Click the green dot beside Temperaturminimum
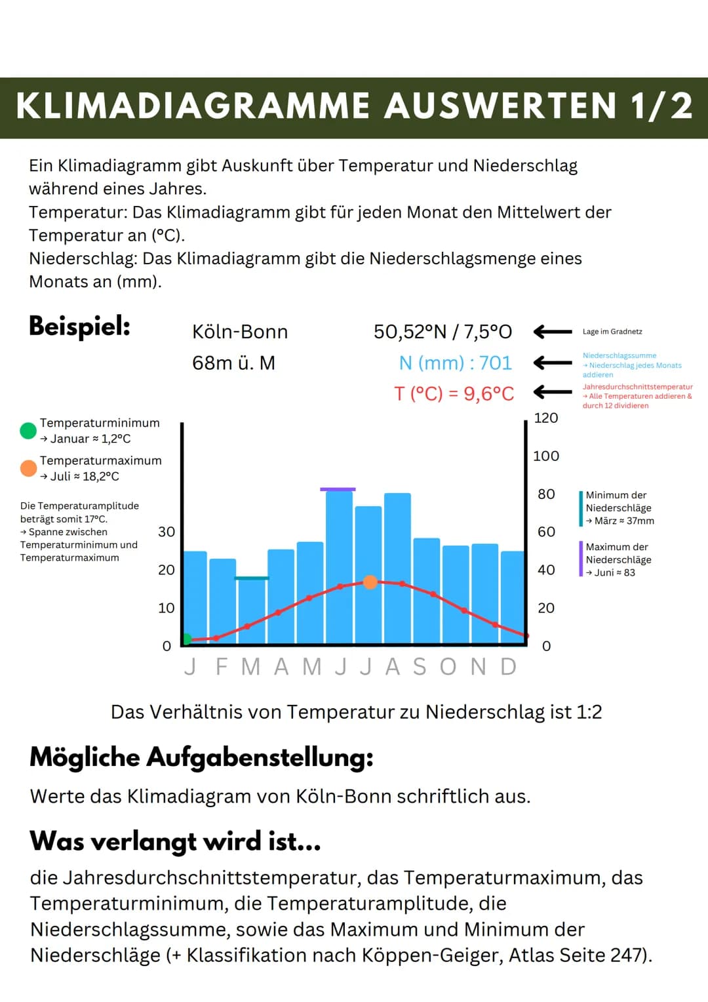tap(28, 431)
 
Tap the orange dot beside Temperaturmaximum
tap(28, 468)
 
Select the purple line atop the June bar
tap(338, 489)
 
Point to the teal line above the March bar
tap(252, 578)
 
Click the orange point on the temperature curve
tap(370, 582)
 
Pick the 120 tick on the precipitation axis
tap(545, 418)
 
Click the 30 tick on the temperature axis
tap(167, 532)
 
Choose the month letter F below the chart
tap(222, 667)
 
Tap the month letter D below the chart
tap(509, 667)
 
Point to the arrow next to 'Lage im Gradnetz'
tap(553, 332)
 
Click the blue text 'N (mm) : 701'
tap(455, 363)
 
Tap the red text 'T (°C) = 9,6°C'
tap(454, 393)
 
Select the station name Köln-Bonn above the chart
tap(240, 332)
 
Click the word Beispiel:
tap(79, 326)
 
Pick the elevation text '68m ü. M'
tap(233, 363)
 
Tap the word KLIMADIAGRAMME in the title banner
tap(193, 106)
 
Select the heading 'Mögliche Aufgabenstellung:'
tap(201, 757)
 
